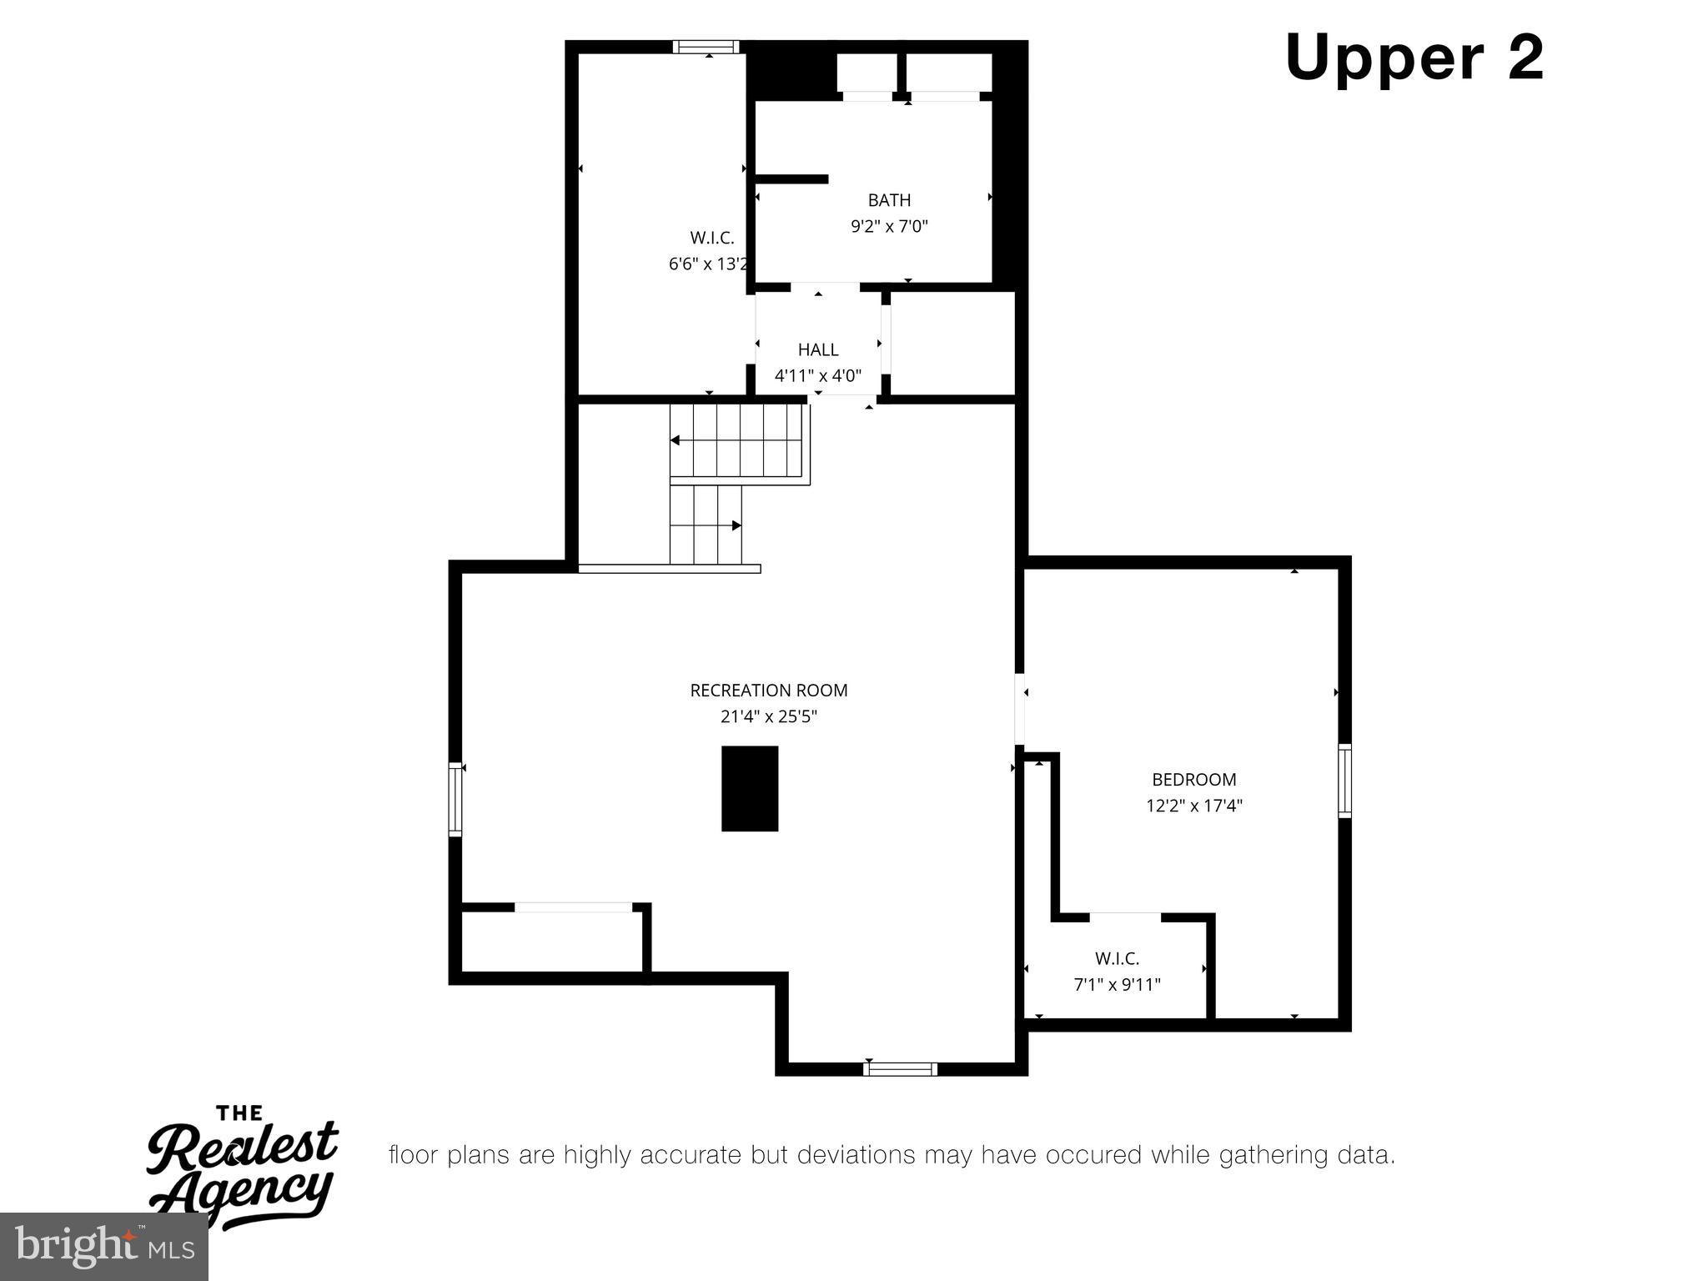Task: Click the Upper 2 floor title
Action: [1414, 58]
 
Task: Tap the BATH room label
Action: [889, 200]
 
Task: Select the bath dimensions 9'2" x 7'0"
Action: [889, 226]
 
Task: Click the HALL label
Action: [817, 349]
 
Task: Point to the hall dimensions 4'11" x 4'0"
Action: [817, 375]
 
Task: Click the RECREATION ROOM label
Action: [768, 691]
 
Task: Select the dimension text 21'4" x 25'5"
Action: [768, 716]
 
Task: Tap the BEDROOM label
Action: [1193, 780]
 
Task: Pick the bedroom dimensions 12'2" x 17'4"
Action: [1193, 806]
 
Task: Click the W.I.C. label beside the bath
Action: [711, 239]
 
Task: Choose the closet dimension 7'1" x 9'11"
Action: [1117, 985]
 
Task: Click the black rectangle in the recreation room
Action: [750, 788]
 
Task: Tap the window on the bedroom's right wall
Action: [1344, 781]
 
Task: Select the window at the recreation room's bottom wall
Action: [900, 1068]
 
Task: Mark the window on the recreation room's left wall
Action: [455, 798]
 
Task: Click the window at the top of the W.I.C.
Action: [706, 47]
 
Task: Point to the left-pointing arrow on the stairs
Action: [676, 440]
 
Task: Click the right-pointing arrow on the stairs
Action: [736, 525]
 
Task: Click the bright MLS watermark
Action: [104, 1247]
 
